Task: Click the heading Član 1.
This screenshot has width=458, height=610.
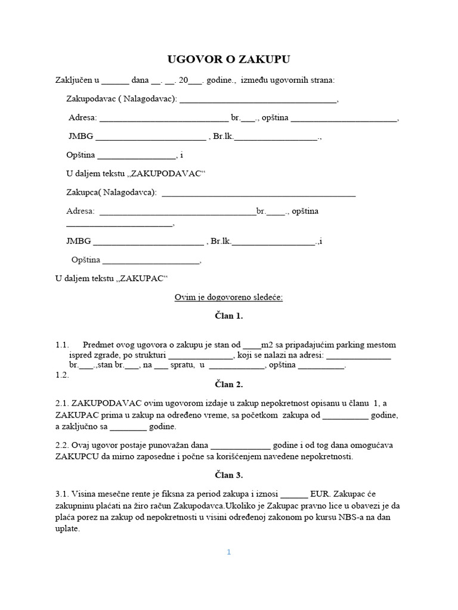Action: click(x=229, y=316)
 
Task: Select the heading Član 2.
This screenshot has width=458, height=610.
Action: click(x=229, y=384)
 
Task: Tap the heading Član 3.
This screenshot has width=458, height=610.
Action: click(x=229, y=475)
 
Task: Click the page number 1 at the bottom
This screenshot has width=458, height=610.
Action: click(x=228, y=552)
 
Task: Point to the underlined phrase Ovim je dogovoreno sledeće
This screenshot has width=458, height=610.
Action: click(x=228, y=297)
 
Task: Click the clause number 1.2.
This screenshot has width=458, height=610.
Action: click(x=63, y=375)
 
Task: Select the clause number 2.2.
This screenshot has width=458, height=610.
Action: click(x=63, y=445)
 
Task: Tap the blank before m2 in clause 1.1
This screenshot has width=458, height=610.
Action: click(x=252, y=345)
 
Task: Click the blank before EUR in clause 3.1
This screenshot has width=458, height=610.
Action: click(x=294, y=494)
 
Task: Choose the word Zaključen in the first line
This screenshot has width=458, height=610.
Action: click(x=74, y=80)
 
